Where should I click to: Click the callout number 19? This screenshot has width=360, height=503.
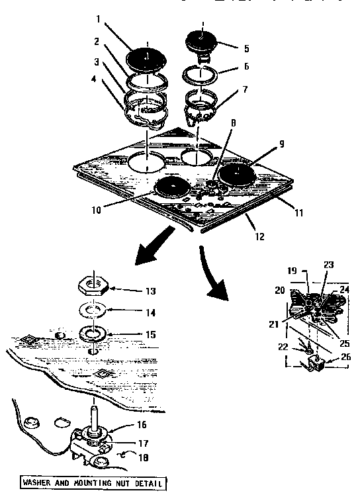(x=291, y=270)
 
